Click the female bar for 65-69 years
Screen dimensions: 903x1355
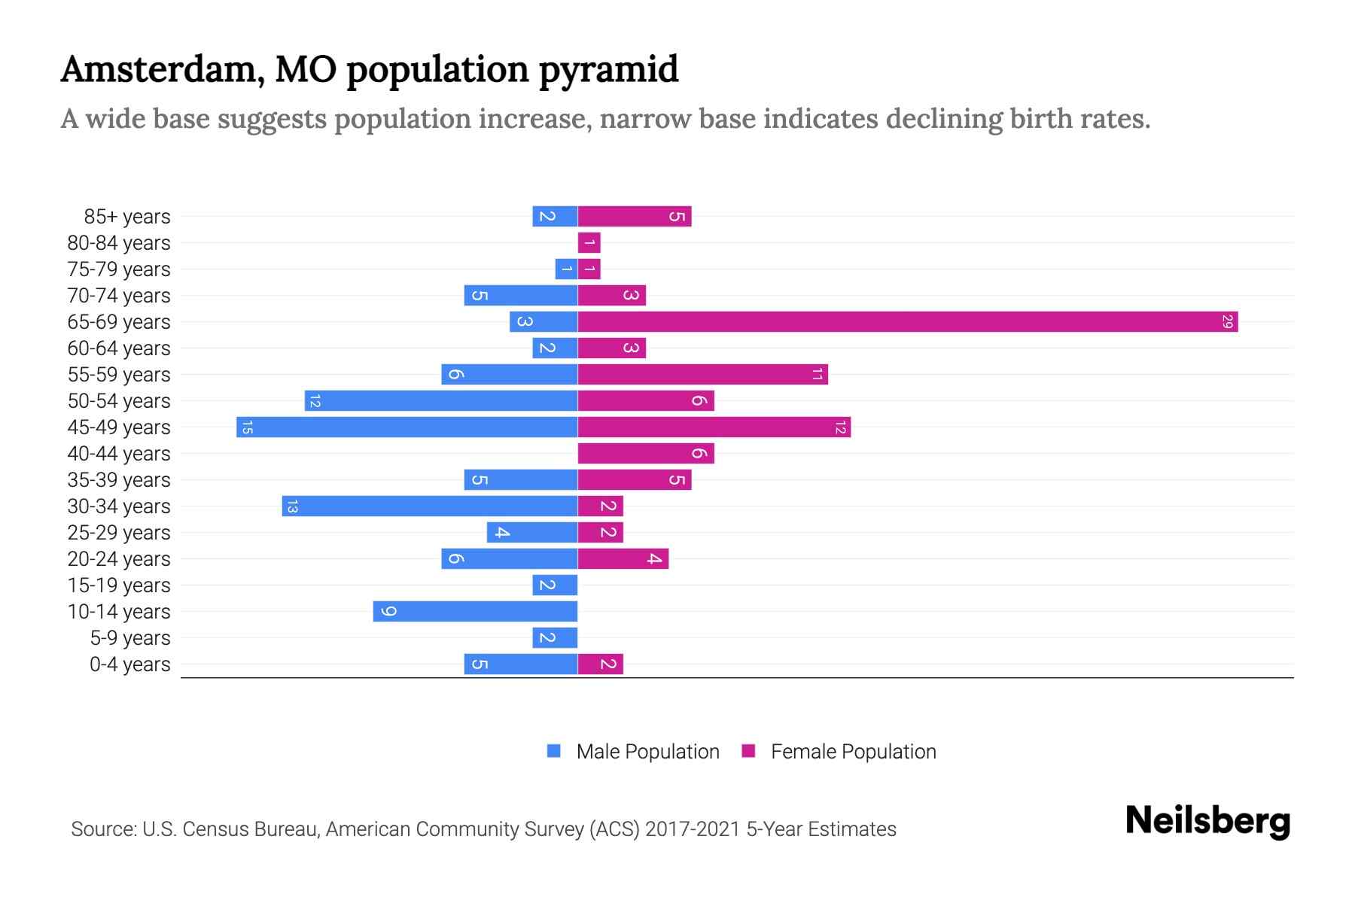907,322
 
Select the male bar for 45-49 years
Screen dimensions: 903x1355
406,427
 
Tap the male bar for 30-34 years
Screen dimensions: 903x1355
430,506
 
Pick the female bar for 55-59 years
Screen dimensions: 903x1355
702,375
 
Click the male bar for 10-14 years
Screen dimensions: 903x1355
475,612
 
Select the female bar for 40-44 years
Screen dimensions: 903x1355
645,454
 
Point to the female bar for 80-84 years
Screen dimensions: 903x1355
589,243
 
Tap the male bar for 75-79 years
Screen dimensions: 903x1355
566,269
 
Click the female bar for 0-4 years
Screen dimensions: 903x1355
600,664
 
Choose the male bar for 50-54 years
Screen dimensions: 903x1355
441,401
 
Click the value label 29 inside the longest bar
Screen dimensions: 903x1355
1227,322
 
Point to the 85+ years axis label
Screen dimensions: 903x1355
126,217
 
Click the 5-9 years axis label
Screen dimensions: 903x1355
129,638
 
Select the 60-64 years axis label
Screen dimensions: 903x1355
119,348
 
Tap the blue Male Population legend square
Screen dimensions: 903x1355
554,751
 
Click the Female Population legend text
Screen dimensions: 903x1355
853,752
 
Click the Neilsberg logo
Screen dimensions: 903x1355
1207,820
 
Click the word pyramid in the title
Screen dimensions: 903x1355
608,70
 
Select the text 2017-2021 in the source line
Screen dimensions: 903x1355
693,829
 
